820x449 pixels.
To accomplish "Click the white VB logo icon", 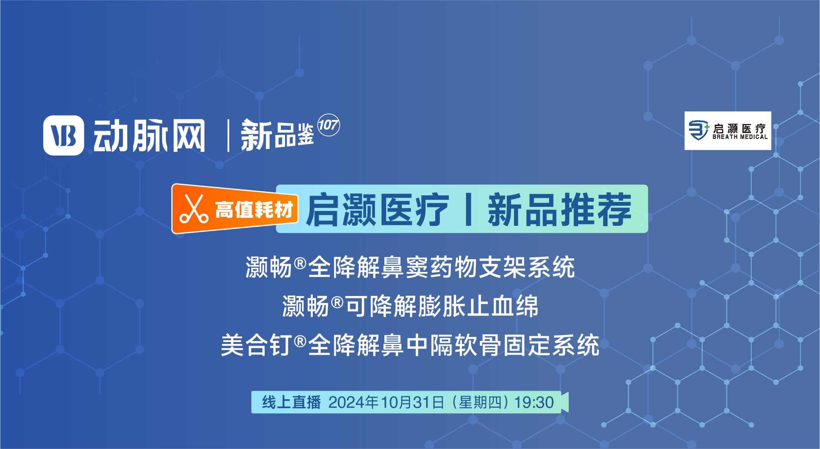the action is pyautogui.click(x=63, y=135).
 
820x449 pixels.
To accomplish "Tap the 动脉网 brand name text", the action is pyautogui.click(x=149, y=136).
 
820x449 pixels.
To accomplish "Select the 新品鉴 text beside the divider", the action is pyautogui.click(x=277, y=135).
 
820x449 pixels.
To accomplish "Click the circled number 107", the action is pyautogui.click(x=328, y=125).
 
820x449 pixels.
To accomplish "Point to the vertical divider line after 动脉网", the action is pyautogui.click(x=228, y=136).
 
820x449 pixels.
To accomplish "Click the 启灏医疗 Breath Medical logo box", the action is pyautogui.click(x=728, y=131).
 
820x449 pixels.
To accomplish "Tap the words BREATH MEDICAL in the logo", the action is pyautogui.click(x=740, y=137).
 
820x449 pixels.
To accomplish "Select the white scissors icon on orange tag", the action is pyautogui.click(x=194, y=209).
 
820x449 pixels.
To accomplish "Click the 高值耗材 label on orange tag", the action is pyautogui.click(x=254, y=209).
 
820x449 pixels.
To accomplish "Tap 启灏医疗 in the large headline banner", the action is pyautogui.click(x=377, y=209).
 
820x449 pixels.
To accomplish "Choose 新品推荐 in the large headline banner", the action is pyautogui.click(x=560, y=209).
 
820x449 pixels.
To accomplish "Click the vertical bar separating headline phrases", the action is pyautogui.click(x=468, y=209).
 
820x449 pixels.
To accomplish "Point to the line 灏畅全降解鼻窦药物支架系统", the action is pyautogui.click(x=410, y=267).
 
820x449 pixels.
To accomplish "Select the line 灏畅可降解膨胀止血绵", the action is pyautogui.click(x=410, y=306).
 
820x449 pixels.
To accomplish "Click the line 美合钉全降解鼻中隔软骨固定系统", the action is pyautogui.click(x=410, y=345).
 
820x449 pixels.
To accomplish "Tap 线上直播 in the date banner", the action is pyautogui.click(x=291, y=402).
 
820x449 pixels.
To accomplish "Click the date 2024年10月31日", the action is pyautogui.click(x=386, y=402).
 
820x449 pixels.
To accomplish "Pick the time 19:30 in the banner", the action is pyautogui.click(x=534, y=402).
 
